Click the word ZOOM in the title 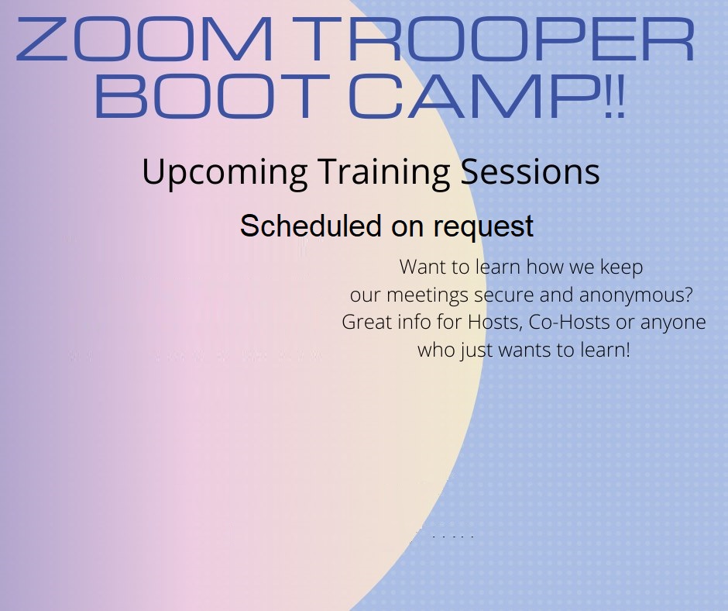coord(144,39)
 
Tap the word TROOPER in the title coord(500,39)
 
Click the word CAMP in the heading coord(473,97)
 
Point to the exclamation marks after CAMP coord(615,97)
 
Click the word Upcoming coord(225,173)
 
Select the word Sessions coord(531,172)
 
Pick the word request coord(483,228)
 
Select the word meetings coord(428,296)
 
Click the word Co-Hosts coord(569,323)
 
